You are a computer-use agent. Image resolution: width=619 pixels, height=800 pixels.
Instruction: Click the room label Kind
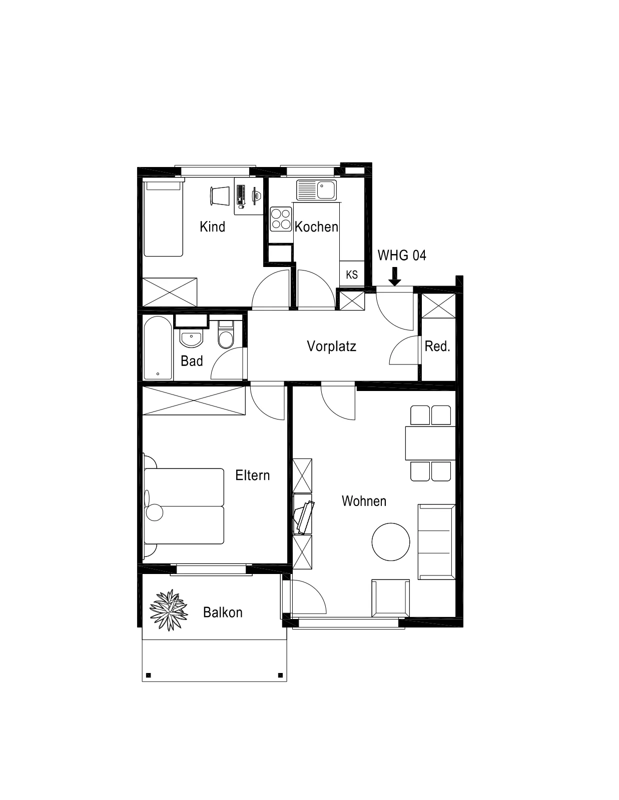pos(212,227)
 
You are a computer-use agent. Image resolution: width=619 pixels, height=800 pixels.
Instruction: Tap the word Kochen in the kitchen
pos(316,227)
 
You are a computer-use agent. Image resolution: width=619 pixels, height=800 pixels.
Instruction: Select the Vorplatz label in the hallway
pos(331,346)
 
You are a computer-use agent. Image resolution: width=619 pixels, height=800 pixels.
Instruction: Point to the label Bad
pos(192,361)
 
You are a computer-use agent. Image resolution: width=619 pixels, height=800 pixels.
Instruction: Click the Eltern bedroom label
pos(252,475)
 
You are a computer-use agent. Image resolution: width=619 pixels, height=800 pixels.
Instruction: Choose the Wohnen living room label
pos(364,501)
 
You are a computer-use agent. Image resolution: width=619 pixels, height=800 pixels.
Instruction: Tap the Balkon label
pos(223,612)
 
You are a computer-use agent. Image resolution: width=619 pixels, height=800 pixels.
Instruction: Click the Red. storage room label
pos(437,346)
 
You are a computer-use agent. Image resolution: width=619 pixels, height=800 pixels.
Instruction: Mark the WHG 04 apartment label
pos(402,255)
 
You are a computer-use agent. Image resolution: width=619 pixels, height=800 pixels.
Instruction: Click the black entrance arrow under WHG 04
pos(395,277)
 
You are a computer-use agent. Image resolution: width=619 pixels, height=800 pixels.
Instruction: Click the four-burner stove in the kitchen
pos(281,218)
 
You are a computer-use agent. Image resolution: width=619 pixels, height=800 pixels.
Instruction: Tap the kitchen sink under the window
pos(316,189)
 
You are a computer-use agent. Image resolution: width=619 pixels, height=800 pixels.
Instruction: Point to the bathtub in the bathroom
pos(158,347)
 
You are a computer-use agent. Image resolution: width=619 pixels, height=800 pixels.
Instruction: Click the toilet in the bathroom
pos(226,334)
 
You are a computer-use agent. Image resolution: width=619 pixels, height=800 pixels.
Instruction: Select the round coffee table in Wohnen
pos(390,542)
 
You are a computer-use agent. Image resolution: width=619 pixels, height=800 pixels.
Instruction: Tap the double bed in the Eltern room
pos(184,506)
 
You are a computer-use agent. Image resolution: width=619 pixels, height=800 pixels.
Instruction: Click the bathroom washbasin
pos(191,338)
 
